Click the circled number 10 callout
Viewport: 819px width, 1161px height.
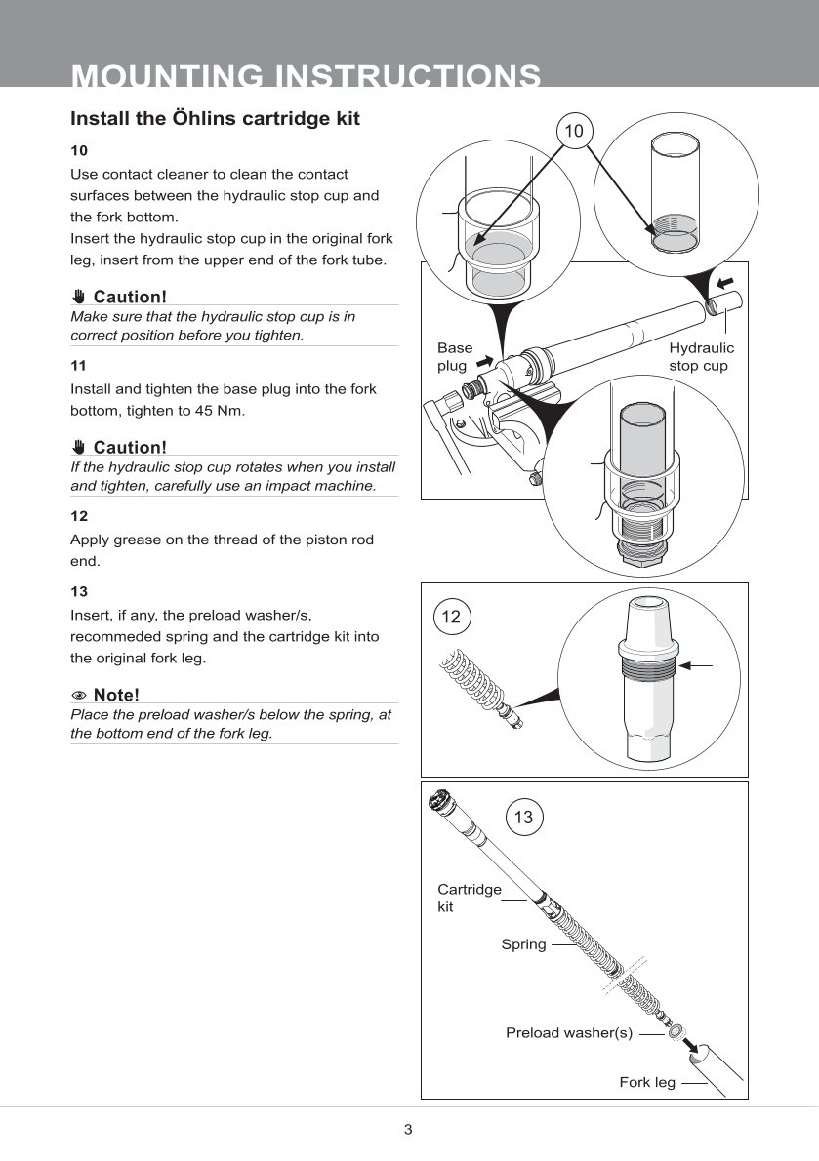pos(574,131)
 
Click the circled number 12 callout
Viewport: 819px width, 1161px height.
pos(450,617)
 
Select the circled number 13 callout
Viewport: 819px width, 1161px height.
pos(523,817)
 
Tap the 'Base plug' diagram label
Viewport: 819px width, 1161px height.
pos(454,356)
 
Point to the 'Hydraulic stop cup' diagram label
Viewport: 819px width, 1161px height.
pos(701,356)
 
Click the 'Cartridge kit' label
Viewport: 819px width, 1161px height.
pos(469,898)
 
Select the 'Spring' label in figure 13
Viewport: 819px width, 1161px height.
pos(523,944)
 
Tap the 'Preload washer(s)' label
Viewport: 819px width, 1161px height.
pos(569,1032)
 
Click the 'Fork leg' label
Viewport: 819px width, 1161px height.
pos(647,1082)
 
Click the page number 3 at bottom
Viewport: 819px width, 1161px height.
pos(408,1130)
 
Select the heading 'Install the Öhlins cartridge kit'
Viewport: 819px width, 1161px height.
pos(215,119)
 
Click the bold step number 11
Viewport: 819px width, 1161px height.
pos(79,365)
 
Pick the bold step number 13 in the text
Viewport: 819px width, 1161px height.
pos(79,591)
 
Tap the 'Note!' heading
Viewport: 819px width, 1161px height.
pos(116,695)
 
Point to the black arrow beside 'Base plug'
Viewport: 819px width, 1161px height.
pos(484,360)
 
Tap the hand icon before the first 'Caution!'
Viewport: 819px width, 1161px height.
pos(79,297)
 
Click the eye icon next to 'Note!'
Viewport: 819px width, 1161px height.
pos(79,696)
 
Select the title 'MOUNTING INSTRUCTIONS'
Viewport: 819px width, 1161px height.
pos(307,76)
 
